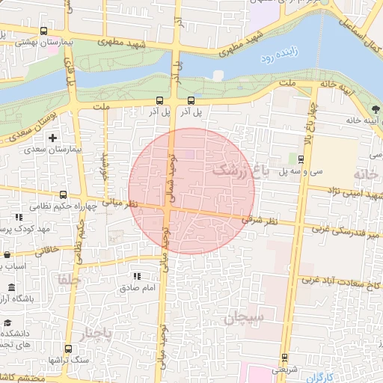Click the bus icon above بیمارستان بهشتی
(x=43, y=31)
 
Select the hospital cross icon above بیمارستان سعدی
(x=52, y=138)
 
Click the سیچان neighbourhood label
(x=243, y=318)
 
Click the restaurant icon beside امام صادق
(x=136, y=276)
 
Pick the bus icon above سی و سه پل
(x=301, y=159)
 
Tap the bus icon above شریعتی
(x=284, y=357)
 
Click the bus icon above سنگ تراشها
(x=68, y=349)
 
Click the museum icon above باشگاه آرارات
(x=10, y=288)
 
